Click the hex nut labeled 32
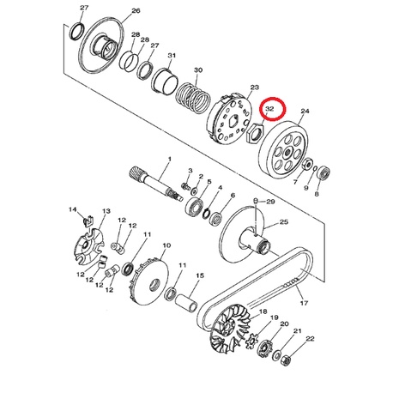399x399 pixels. (x=255, y=133)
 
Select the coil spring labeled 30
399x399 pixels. (x=193, y=97)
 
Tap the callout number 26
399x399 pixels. (x=136, y=11)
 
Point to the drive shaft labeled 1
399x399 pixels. (x=157, y=184)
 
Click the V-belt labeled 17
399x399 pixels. (x=256, y=286)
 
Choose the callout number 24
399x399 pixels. (x=305, y=111)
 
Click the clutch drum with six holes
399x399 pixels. (x=283, y=150)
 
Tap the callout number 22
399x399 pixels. (x=310, y=339)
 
